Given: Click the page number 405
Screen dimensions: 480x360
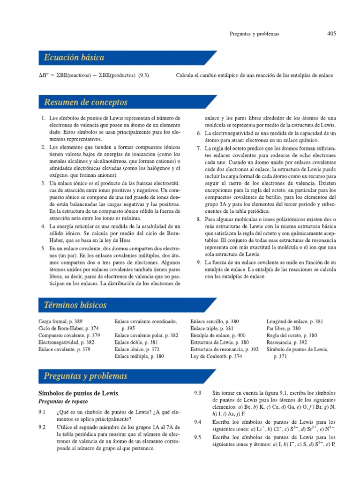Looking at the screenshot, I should (x=331, y=34).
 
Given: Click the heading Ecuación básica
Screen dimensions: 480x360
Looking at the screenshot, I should (x=74, y=58).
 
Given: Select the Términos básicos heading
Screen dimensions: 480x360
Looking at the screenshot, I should (x=75, y=305).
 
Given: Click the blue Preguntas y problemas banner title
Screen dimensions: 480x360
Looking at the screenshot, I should (x=85, y=375).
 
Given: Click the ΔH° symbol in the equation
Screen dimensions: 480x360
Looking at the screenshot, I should (x=45, y=75).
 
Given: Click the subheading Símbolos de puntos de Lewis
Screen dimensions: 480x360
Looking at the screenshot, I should (x=78, y=393).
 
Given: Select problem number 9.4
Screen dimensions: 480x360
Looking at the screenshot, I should (x=197, y=422).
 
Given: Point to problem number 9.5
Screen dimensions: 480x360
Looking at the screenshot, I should (x=197, y=437).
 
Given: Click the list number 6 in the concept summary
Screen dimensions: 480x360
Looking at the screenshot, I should (x=198, y=134).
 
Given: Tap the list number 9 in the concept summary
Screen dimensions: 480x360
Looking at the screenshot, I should (x=198, y=262).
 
